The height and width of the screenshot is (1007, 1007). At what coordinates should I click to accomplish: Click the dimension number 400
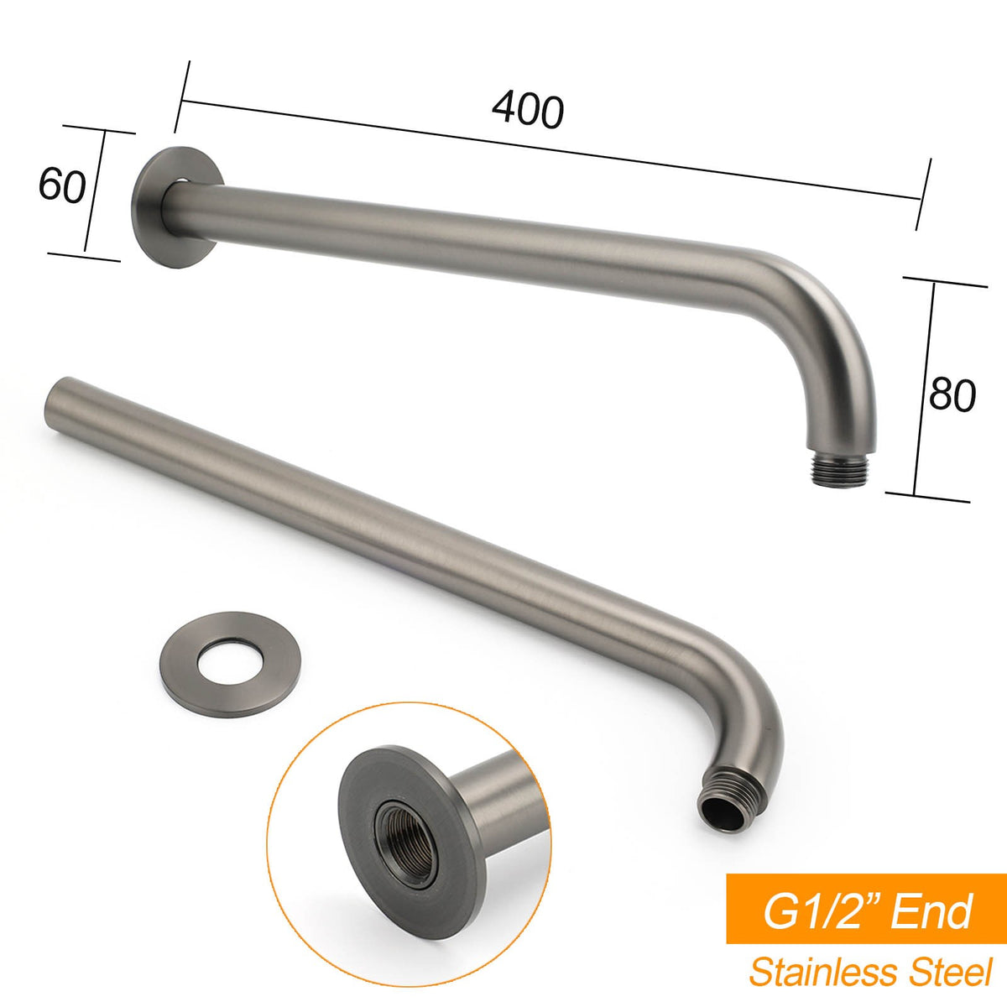(528, 110)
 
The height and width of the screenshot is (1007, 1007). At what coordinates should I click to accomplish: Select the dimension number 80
(952, 394)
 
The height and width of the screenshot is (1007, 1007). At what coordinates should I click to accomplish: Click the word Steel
(947, 973)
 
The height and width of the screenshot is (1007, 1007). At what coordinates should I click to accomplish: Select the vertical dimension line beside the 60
(95, 192)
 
